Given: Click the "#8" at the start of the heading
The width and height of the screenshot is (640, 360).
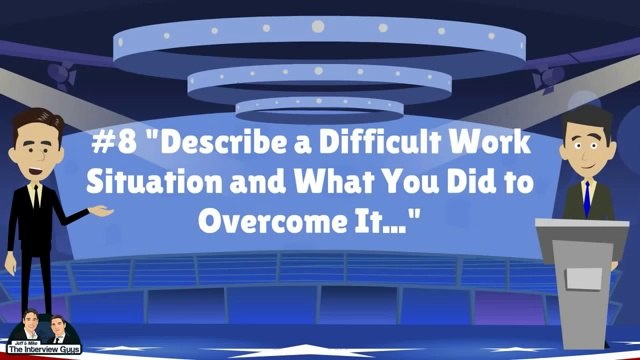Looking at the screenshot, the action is coord(114,142).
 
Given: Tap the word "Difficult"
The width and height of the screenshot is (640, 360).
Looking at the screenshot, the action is coord(373,142).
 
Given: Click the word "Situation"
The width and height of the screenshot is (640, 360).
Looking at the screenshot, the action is coord(154,181).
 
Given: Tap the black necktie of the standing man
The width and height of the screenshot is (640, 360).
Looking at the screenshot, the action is coord(37,198).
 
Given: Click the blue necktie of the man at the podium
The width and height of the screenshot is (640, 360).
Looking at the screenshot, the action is coord(587,199).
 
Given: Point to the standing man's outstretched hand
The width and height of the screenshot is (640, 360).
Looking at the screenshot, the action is coord(101,211).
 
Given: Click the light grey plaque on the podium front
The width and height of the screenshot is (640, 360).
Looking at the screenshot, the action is coord(584,278).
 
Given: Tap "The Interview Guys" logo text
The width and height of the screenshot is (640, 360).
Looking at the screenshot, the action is coord(44,349).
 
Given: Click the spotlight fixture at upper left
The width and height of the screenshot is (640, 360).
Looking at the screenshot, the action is coord(62,76).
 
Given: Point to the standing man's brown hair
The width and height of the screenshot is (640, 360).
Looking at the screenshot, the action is coord(38,121).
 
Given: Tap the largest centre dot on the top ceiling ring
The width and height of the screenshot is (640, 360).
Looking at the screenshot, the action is coord(318,27).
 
